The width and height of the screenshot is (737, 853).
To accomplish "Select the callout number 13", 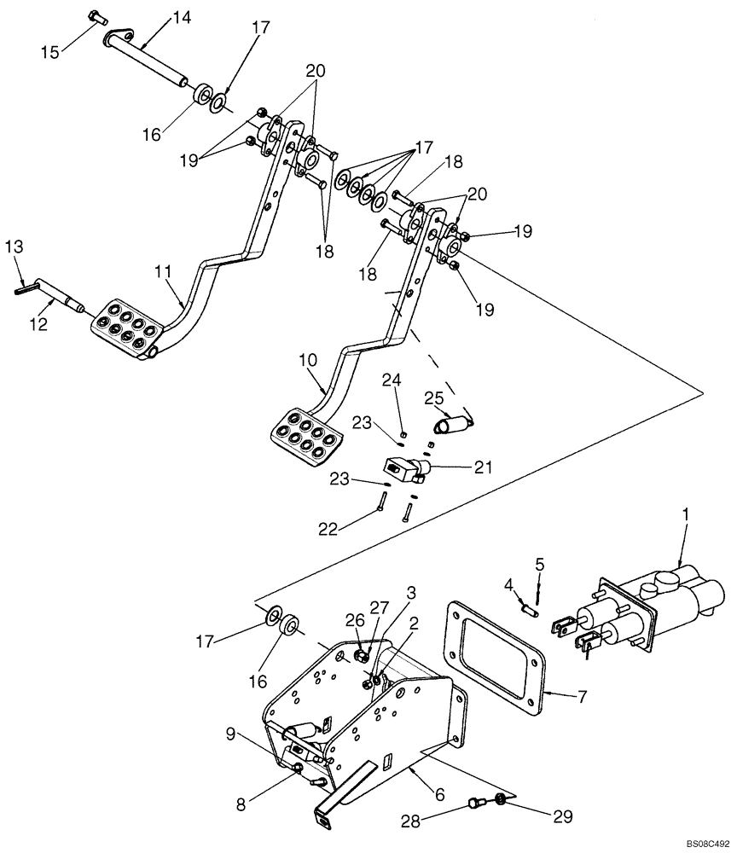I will (15, 248).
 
